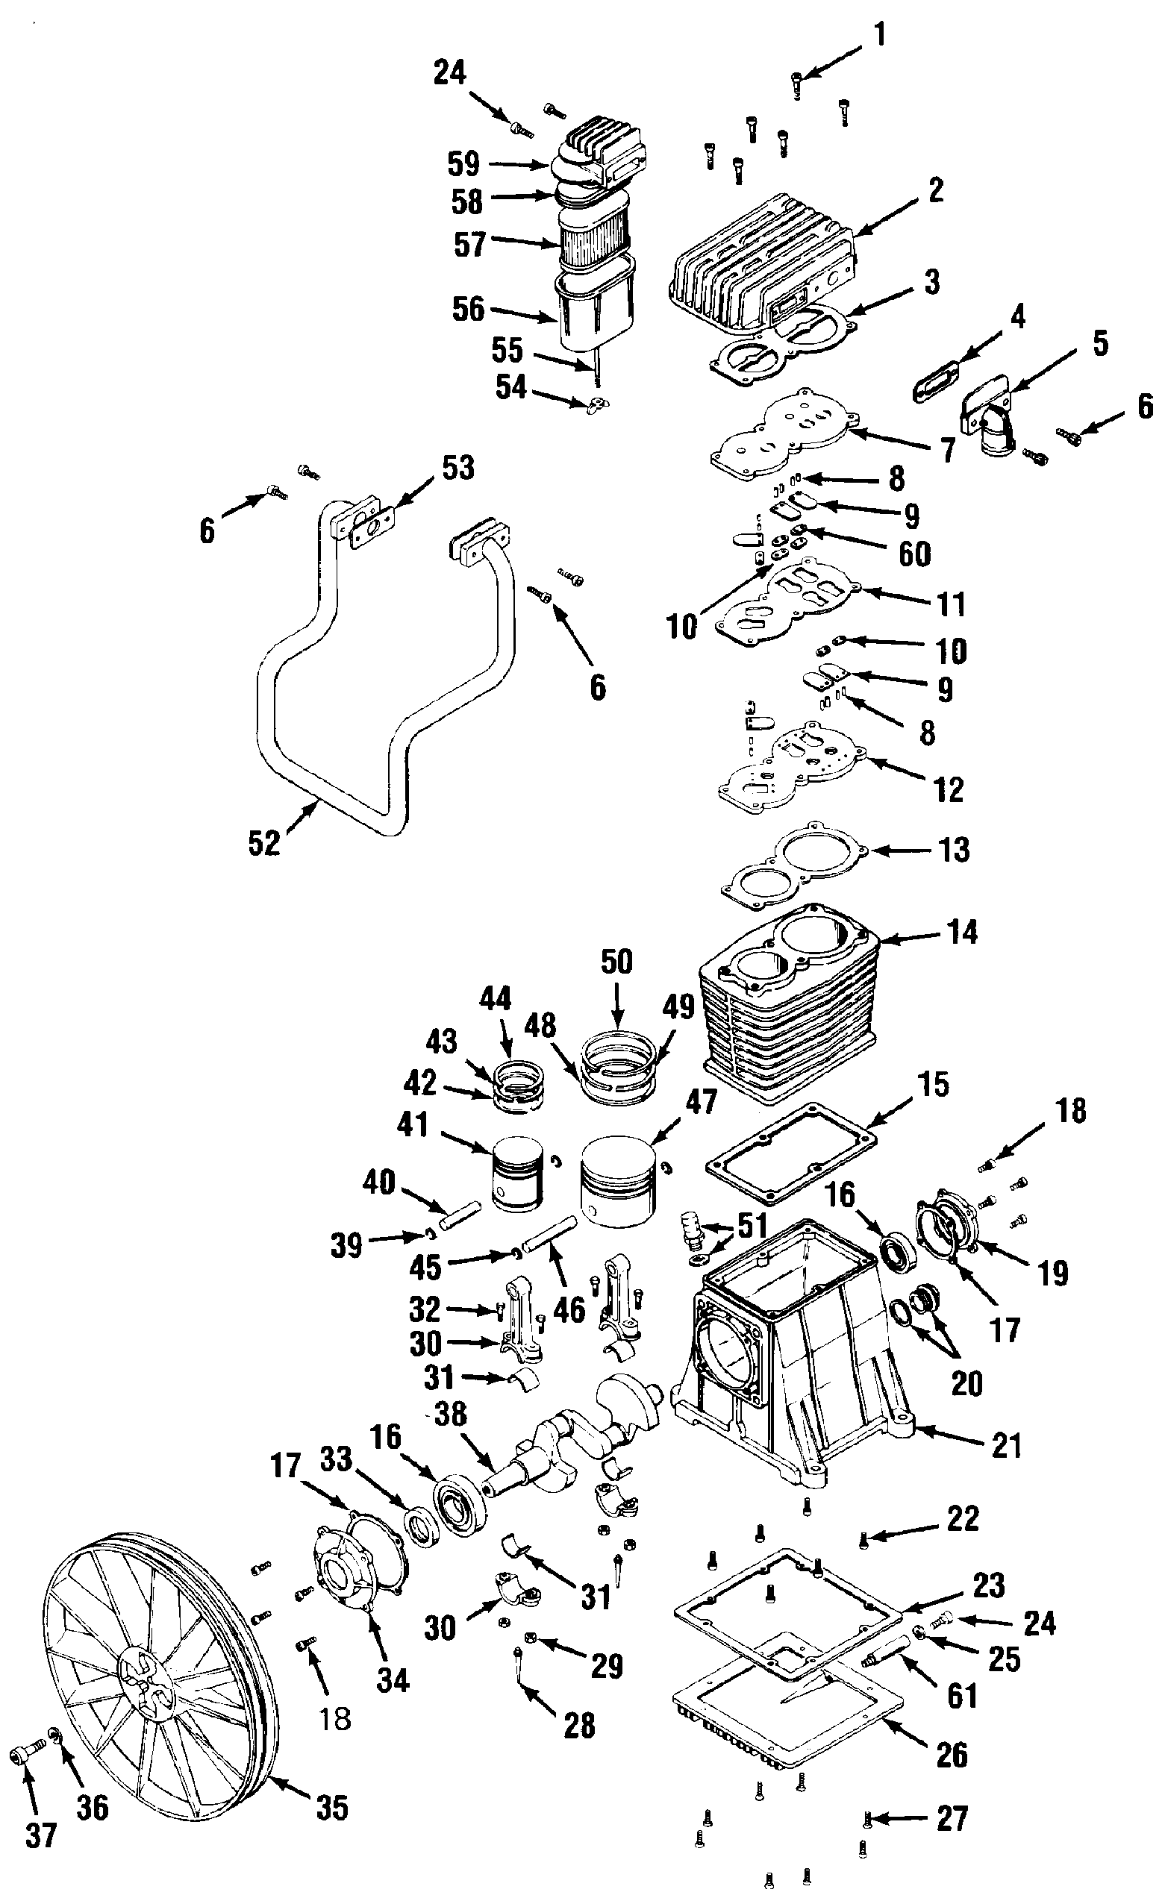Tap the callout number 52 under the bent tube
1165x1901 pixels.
264,843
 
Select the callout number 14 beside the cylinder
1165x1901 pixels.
962,932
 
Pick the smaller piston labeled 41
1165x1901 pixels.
516,1174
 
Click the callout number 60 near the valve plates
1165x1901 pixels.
915,554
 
